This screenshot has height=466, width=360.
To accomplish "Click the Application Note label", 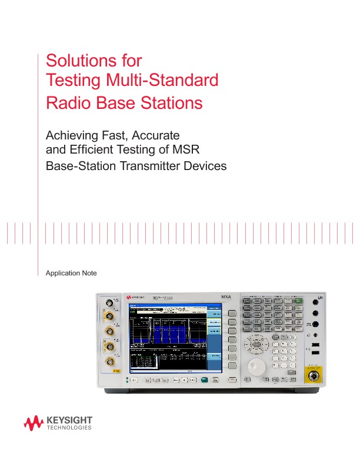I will click(x=71, y=274).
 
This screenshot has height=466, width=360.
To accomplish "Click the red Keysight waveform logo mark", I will click(x=34, y=421).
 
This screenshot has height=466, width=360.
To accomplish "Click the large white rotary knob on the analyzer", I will click(x=256, y=366).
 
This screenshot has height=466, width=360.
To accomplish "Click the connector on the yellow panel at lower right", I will click(x=312, y=373).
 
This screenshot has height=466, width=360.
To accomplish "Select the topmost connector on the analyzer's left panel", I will click(x=109, y=304).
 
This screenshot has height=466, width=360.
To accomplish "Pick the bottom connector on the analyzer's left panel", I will click(x=110, y=361).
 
